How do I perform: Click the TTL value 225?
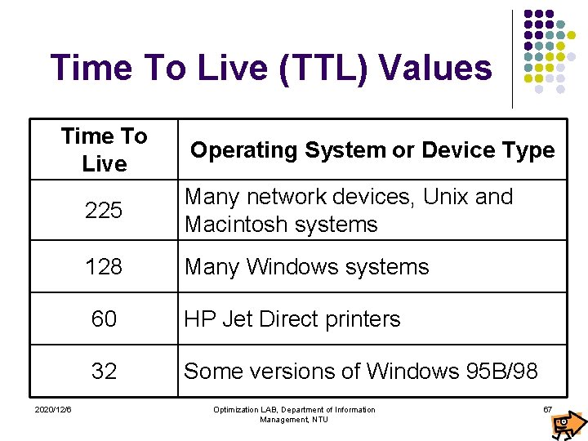(x=104, y=211)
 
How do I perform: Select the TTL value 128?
(x=104, y=266)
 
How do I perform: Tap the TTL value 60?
(x=104, y=318)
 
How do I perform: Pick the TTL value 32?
(x=104, y=371)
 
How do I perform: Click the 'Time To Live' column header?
(x=104, y=149)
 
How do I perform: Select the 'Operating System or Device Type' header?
(x=372, y=150)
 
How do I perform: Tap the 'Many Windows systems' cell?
(x=306, y=266)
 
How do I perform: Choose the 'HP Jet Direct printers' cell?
(x=292, y=318)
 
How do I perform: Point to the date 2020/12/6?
(x=53, y=408)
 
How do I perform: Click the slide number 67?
(x=548, y=408)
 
